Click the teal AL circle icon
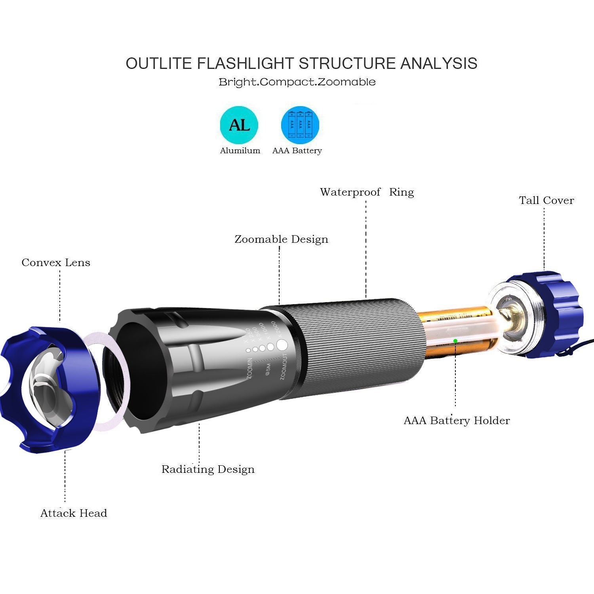(239, 125)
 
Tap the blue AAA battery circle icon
(300, 125)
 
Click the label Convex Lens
(56, 263)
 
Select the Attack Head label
(74, 513)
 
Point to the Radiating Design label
(208, 469)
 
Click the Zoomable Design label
(281, 239)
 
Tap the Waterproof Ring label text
(367, 192)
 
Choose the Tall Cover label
(546, 200)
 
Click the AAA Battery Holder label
(457, 421)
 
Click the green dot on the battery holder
(455, 341)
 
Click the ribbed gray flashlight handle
(352, 348)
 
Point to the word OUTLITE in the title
(158, 63)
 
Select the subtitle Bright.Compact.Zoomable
(297, 82)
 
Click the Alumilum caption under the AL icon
(240, 150)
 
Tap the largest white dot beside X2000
(282, 345)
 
